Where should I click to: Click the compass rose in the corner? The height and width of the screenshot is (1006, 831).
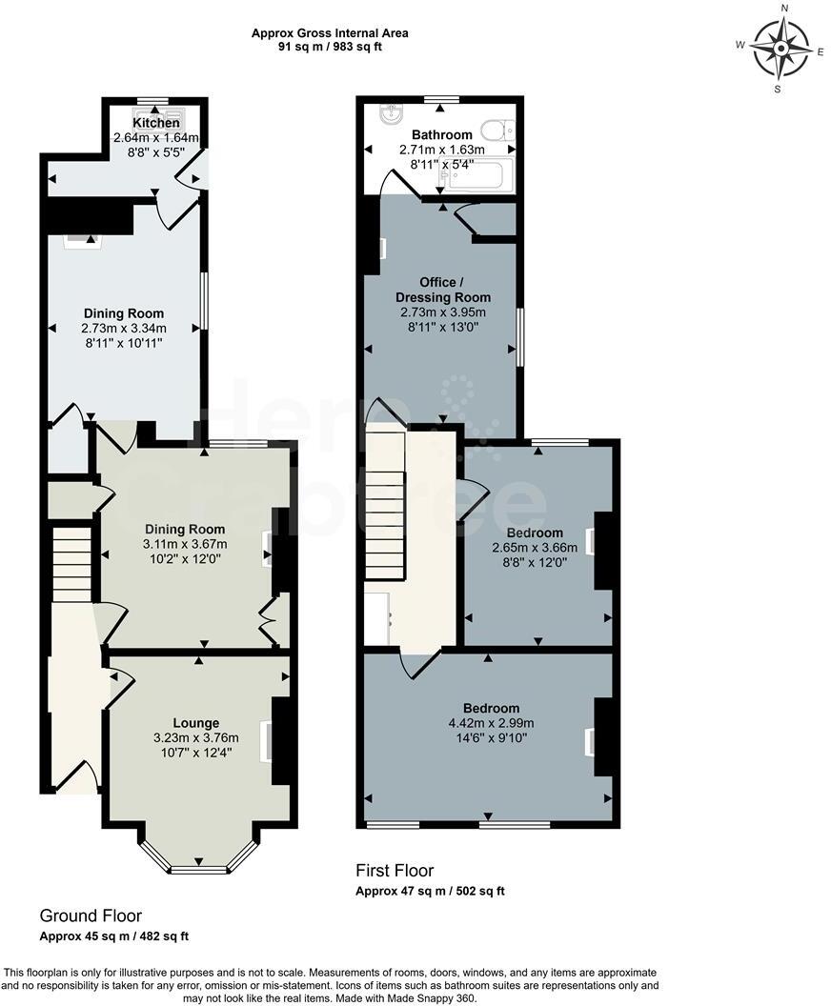click(x=781, y=48)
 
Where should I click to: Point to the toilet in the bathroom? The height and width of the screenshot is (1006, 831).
click(x=497, y=130)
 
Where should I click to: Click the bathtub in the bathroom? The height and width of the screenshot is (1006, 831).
click(x=480, y=175)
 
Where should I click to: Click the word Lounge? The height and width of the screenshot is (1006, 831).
click(x=196, y=723)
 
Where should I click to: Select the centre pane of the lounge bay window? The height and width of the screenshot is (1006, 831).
click(x=199, y=869)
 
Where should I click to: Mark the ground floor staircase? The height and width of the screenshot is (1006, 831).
click(x=71, y=566)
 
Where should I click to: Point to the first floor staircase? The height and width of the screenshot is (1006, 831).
click(x=385, y=505)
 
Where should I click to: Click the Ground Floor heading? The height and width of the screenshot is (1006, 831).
click(x=91, y=915)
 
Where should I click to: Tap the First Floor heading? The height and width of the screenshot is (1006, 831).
click(x=395, y=870)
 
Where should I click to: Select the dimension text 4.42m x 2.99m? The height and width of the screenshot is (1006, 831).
click(x=491, y=723)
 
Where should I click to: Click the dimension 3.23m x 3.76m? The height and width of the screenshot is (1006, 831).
click(x=196, y=737)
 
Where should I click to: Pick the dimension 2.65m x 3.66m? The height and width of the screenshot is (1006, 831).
click(x=535, y=548)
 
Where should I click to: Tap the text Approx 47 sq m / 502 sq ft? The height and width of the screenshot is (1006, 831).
click(x=430, y=892)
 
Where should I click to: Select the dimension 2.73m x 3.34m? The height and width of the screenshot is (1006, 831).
click(x=124, y=328)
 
